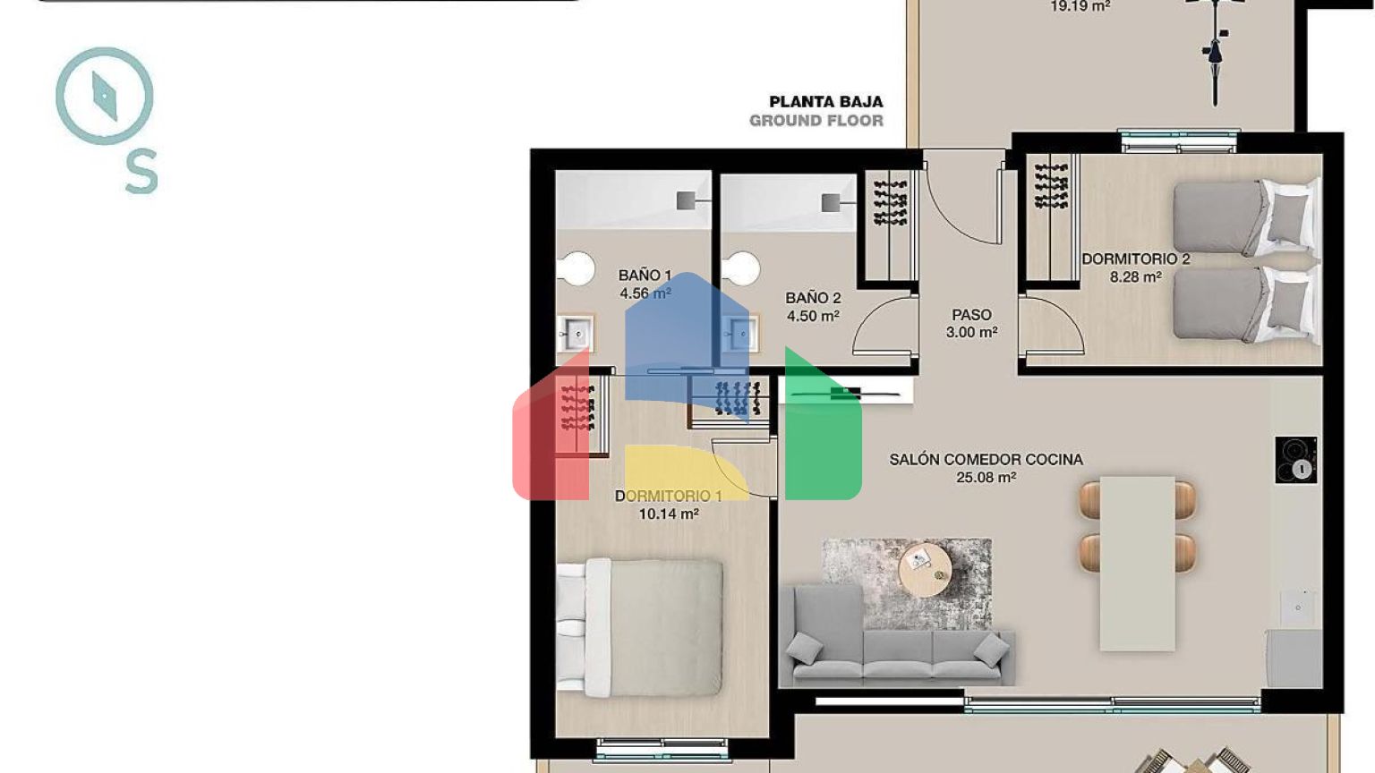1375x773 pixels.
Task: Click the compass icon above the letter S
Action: click(x=105, y=96)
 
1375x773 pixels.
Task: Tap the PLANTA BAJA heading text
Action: click(x=825, y=102)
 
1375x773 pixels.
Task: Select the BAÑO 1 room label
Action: click(x=645, y=276)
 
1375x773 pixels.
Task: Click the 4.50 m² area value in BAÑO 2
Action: click(x=813, y=316)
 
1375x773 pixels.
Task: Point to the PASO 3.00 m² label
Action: click(x=971, y=323)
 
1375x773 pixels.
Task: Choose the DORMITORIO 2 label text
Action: click(x=1136, y=259)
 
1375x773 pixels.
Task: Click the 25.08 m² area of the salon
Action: click(x=986, y=477)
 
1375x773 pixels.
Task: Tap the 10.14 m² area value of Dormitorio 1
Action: click(x=669, y=514)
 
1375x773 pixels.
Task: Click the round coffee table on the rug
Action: click(x=925, y=570)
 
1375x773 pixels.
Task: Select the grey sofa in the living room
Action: click(x=897, y=636)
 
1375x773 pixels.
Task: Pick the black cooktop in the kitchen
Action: click(x=1296, y=460)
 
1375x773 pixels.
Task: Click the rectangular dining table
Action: click(x=1137, y=564)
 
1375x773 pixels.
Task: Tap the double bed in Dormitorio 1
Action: click(x=640, y=627)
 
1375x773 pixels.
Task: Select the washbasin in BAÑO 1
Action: click(x=576, y=334)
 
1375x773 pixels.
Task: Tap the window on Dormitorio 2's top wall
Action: click(x=1178, y=141)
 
